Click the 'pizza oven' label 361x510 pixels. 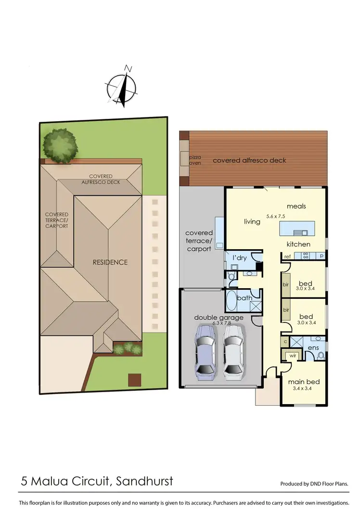pyautogui.click(x=195, y=160)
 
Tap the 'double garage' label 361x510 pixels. pyautogui.click(x=219, y=317)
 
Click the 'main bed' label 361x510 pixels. pyautogui.click(x=304, y=382)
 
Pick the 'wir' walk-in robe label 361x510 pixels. pyautogui.click(x=292, y=357)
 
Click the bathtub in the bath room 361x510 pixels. pyautogui.click(x=231, y=301)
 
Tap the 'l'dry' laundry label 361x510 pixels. pyautogui.click(x=240, y=258)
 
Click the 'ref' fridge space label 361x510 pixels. pyautogui.click(x=287, y=256)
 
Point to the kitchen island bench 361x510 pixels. pyautogui.click(x=297, y=227)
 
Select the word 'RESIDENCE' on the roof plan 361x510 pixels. pyautogui.click(x=110, y=262)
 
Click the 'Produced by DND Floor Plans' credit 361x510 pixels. pyautogui.click(x=314, y=484)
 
